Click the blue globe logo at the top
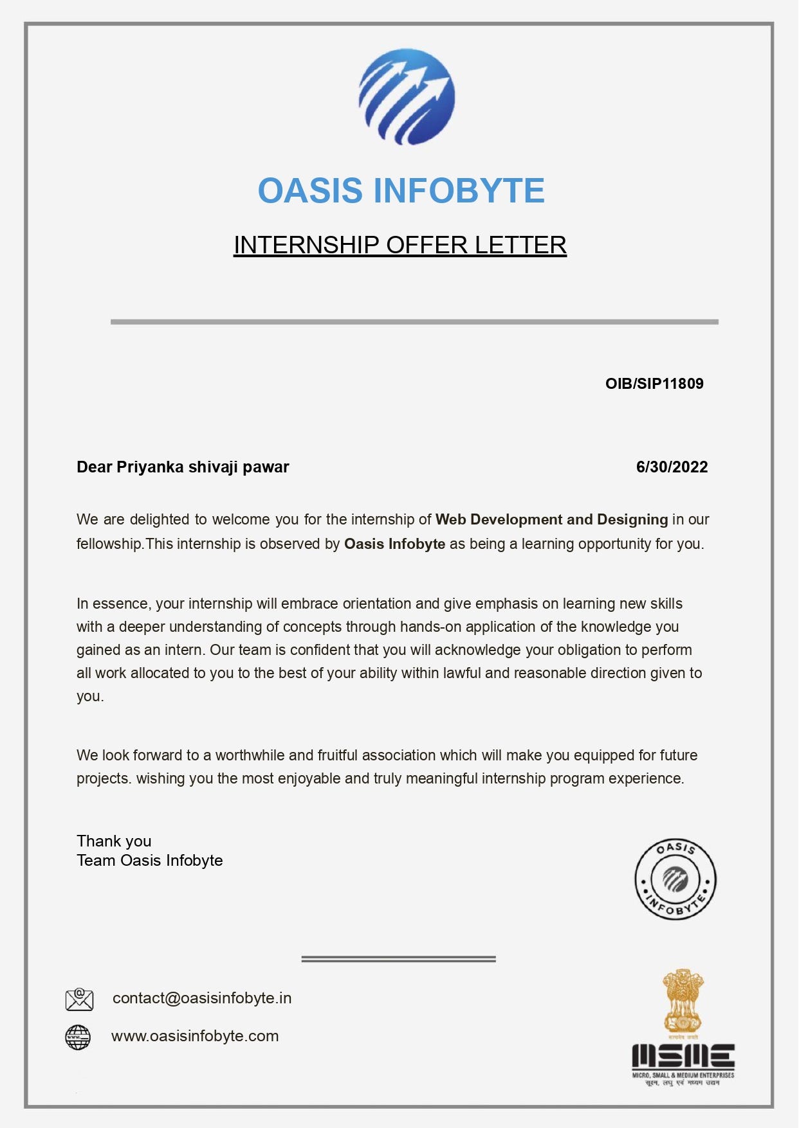click(407, 96)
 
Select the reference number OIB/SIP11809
click(654, 384)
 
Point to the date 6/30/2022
click(672, 467)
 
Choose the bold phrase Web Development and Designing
click(551, 519)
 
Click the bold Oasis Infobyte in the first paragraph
click(394, 544)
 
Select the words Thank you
click(114, 841)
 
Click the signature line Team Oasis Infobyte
click(149, 861)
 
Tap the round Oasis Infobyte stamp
click(675, 879)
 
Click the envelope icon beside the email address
click(79, 999)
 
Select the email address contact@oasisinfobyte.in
click(202, 998)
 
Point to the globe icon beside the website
click(78, 1037)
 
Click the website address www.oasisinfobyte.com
click(195, 1036)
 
